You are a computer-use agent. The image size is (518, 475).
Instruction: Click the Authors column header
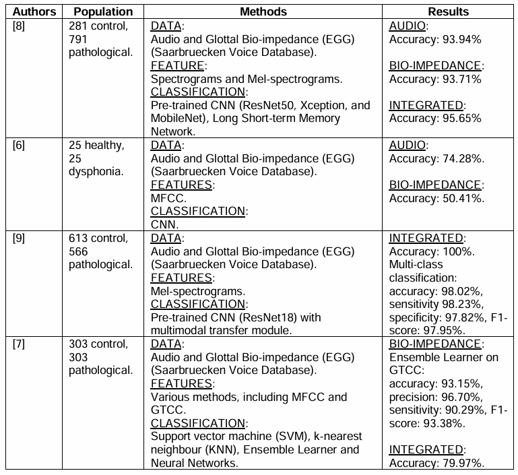click(32, 11)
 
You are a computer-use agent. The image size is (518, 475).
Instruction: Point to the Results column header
click(448, 11)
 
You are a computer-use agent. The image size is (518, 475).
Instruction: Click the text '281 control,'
click(98, 26)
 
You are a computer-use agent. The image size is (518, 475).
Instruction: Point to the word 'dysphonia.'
click(96, 171)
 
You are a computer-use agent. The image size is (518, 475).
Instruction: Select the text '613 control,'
click(98, 238)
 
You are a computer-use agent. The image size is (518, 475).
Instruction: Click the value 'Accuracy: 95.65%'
click(435, 119)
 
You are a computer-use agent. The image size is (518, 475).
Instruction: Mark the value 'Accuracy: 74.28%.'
click(437, 158)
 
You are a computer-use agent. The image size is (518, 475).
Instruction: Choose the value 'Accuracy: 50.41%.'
click(437, 198)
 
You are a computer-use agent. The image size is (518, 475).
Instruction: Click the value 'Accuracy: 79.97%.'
click(437, 463)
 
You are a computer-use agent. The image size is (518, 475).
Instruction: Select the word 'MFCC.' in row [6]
click(167, 198)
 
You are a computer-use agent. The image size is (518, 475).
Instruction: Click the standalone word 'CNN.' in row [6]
click(164, 224)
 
